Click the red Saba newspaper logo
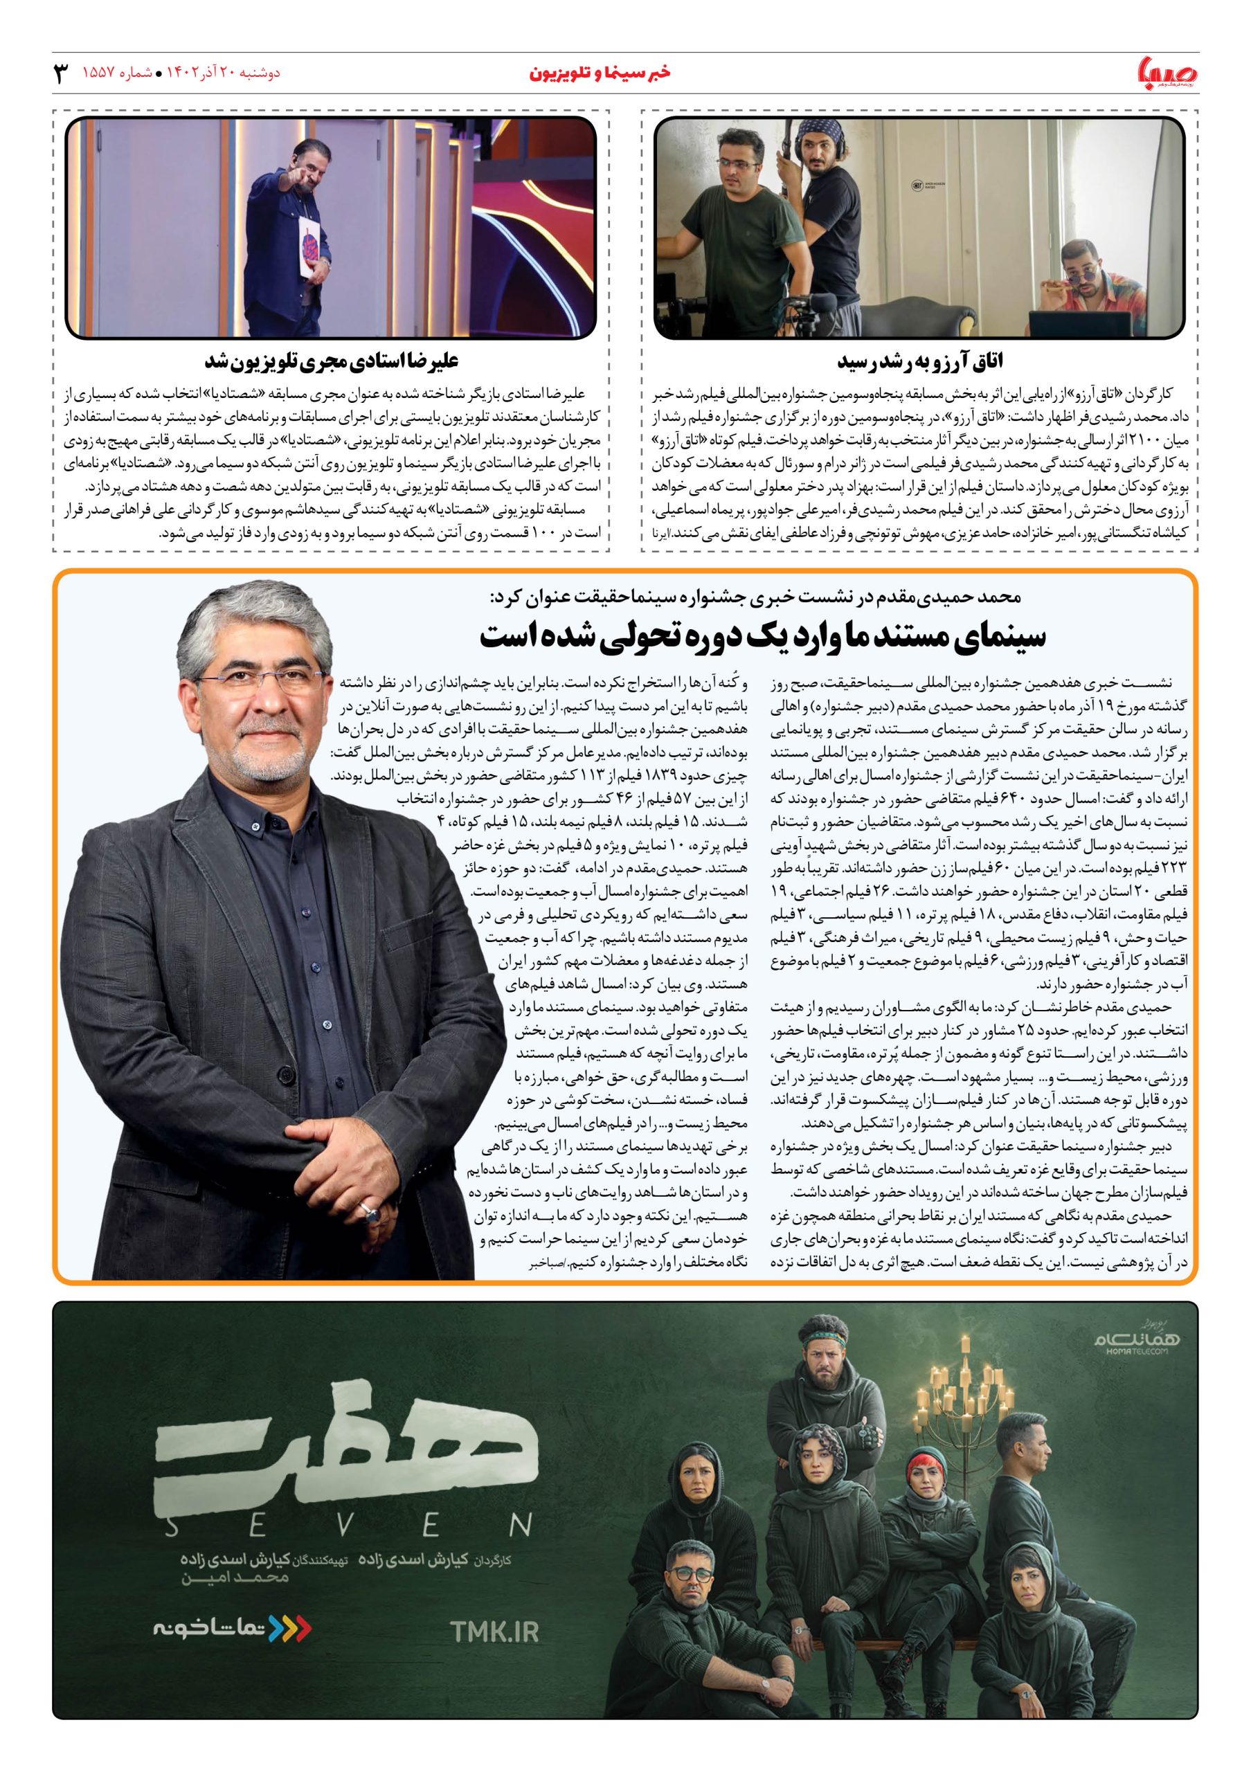click(x=1169, y=74)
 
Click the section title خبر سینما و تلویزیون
click(x=600, y=73)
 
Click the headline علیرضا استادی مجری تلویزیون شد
click(x=332, y=361)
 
